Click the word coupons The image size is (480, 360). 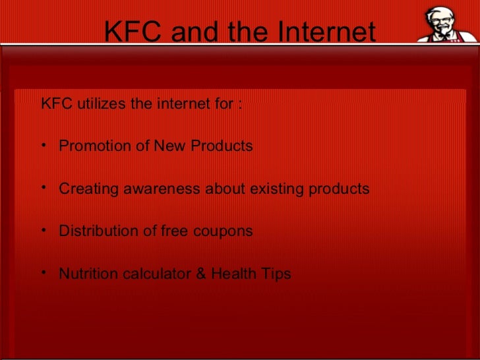pyautogui.click(x=223, y=231)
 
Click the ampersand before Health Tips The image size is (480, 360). pyautogui.click(x=201, y=274)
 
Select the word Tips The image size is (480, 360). pyautogui.click(x=276, y=274)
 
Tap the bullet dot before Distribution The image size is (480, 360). pyautogui.click(x=44, y=231)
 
